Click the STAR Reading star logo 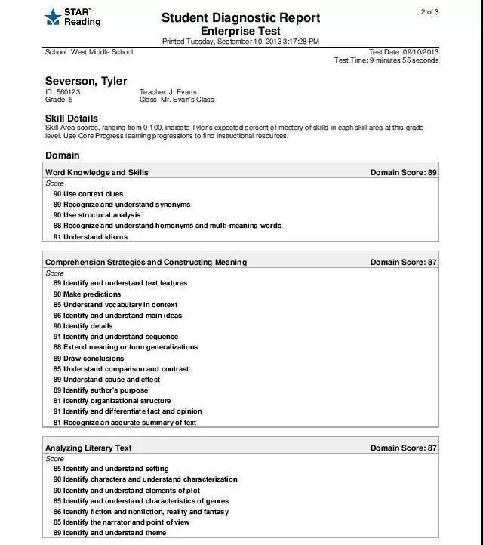pyautogui.click(x=52, y=17)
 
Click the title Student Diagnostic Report pyautogui.click(x=240, y=17)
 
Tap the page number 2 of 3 pyautogui.click(x=429, y=11)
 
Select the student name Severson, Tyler pyautogui.click(x=86, y=81)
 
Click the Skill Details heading pyautogui.click(x=72, y=118)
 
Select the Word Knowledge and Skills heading pyautogui.click(x=97, y=172)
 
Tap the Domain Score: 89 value pyautogui.click(x=403, y=172)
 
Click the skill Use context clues pyautogui.click(x=93, y=194)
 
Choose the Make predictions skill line pyautogui.click(x=91, y=294)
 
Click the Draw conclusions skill pyautogui.click(x=93, y=359)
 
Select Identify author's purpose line pyautogui.click(x=106, y=390)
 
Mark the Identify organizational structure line pyautogui.click(x=116, y=401)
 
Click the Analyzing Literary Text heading pyautogui.click(x=88, y=448)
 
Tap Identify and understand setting pyautogui.click(x=115, y=469)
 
